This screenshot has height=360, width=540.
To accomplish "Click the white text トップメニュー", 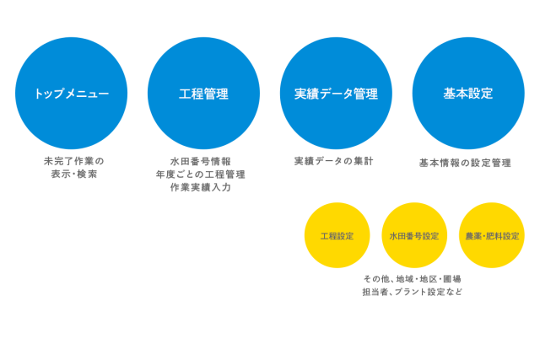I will tap(72, 94).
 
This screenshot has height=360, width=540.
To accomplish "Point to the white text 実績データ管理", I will tap(336, 94).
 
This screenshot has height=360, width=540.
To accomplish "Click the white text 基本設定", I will tap(467, 94).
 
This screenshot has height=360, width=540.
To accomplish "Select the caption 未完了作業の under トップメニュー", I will tap(73, 160).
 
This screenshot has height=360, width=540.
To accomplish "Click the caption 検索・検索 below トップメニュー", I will tap(73, 174).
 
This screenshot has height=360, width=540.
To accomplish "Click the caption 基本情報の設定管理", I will tap(465, 163).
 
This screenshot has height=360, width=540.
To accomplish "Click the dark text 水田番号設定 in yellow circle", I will tap(414, 236).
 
